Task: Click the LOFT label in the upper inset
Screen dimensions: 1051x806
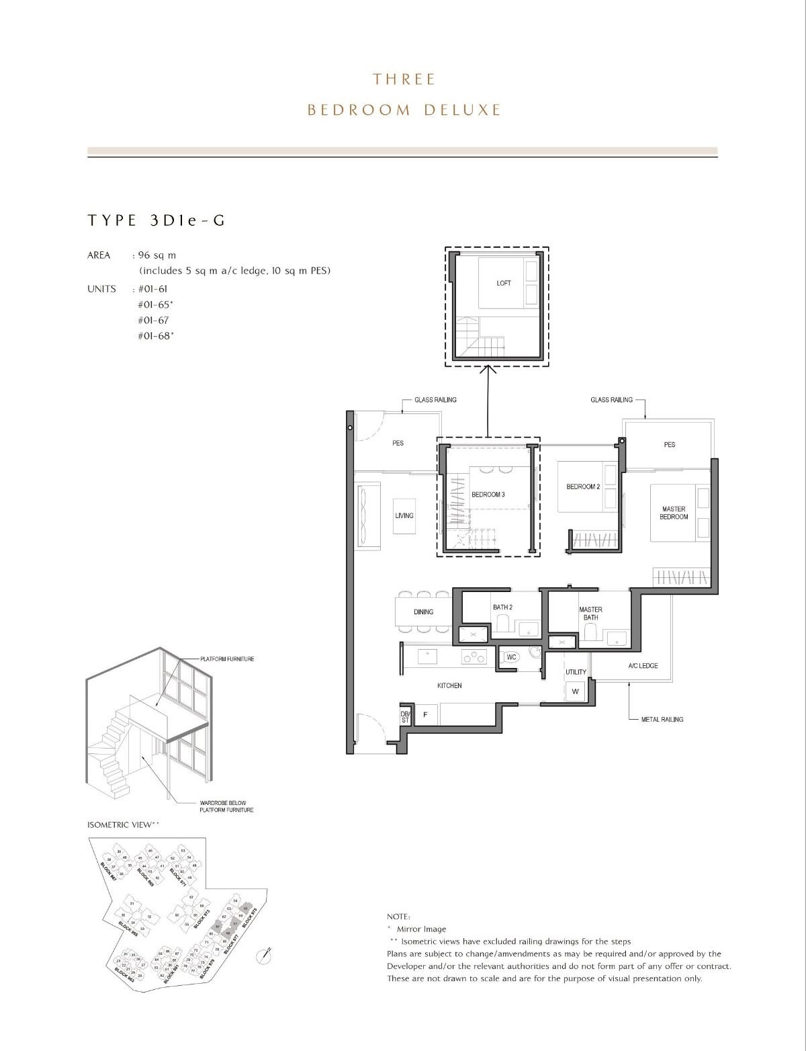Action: (x=503, y=283)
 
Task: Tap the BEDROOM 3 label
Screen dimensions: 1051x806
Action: (x=488, y=495)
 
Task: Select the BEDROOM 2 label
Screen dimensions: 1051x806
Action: (x=582, y=487)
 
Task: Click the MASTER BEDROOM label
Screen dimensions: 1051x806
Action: (x=673, y=513)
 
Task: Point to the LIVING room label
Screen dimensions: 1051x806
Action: (x=404, y=515)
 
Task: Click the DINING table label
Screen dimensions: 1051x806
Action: (x=423, y=612)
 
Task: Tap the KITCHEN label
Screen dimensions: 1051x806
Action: (x=449, y=685)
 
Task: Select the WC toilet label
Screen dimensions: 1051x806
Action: (x=511, y=657)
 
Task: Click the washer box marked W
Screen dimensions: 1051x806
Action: (x=575, y=691)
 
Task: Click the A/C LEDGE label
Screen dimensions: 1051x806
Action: (x=643, y=666)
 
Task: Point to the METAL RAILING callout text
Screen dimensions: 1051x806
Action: (x=662, y=720)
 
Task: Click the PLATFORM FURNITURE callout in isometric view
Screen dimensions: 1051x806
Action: (x=227, y=659)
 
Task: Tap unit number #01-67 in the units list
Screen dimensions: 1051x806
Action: (x=153, y=321)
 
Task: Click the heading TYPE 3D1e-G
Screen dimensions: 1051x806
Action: (x=156, y=220)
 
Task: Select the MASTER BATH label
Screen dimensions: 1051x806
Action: (x=590, y=613)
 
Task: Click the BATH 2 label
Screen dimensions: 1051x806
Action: (x=502, y=607)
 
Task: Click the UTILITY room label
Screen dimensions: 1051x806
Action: (x=576, y=672)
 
